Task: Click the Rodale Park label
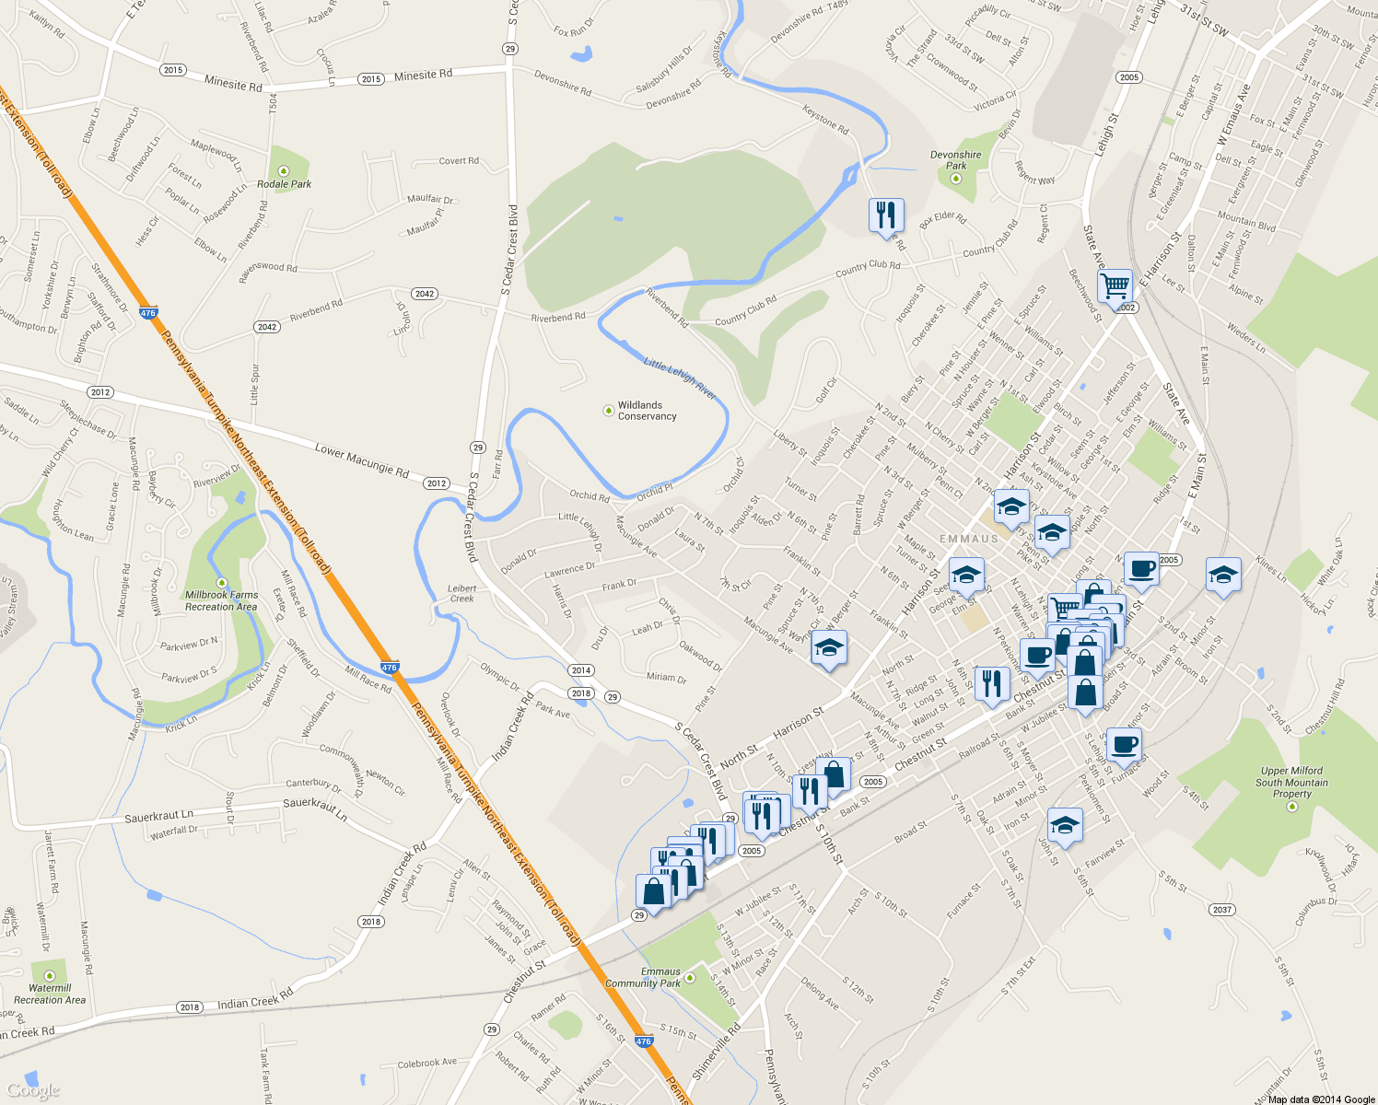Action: pos(284,184)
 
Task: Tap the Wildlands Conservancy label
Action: pos(647,411)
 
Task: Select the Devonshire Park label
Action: pos(955,160)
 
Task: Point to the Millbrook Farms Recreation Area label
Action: pos(221,600)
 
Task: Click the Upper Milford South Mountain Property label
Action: pos(1291,783)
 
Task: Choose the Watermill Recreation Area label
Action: pos(50,994)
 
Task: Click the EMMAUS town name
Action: pos(969,539)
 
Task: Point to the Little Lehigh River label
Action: pos(680,378)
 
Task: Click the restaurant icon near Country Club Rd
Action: pos(885,215)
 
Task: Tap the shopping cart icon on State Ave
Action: pos(1115,286)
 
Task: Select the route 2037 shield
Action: pos(1221,910)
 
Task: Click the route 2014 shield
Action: pos(580,670)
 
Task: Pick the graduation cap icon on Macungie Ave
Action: pos(829,647)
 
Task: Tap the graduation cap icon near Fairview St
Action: pos(1065,824)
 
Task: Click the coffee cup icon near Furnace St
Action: pos(1123,743)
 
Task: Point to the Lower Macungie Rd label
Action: pos(361,459)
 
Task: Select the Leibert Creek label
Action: pos(462,593)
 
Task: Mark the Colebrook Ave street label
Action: pos(426,1063)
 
